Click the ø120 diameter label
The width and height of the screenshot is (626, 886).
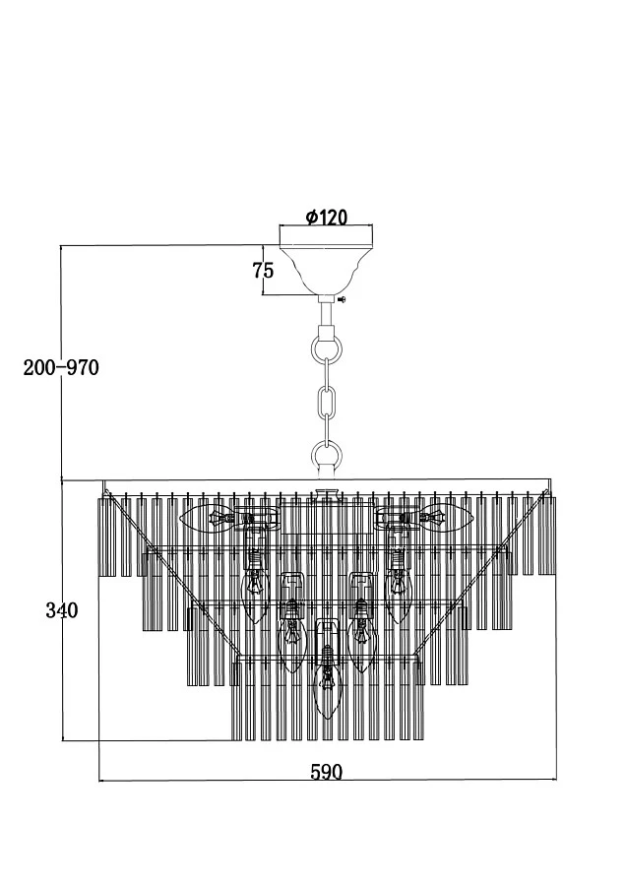[326, 217]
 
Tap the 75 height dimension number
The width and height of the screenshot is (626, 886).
[263, 270]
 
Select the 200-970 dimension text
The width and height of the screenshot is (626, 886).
[61, 368]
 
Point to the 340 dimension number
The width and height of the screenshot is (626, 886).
[62, 610]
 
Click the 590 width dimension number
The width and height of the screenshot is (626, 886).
[327, 772]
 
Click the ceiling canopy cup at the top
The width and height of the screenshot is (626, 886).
[326, 260]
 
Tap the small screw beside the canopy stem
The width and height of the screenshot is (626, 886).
[342, 299]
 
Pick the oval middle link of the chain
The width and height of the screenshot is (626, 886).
[327, 402]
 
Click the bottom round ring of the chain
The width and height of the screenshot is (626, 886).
[327, 454]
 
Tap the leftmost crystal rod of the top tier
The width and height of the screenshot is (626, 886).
[105, 537]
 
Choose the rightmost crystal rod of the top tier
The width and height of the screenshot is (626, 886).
[546, 536]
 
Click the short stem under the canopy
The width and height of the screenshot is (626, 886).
[327, 315]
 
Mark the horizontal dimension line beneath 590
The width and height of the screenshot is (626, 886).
[328, 781]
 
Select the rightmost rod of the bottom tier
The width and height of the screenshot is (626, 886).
[418, 701]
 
